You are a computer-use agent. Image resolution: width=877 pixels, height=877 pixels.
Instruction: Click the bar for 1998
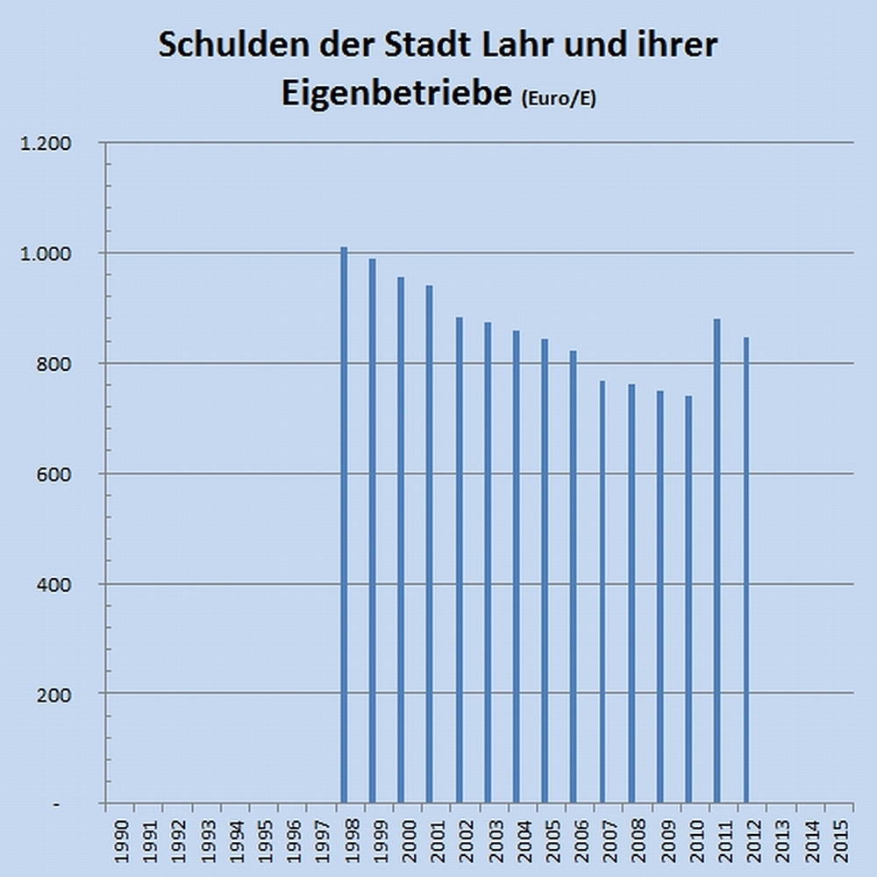click(344, 526)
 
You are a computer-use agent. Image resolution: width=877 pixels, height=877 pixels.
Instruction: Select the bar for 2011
click(717, 561)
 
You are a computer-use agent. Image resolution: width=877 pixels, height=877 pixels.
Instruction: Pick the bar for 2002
click(459, 561)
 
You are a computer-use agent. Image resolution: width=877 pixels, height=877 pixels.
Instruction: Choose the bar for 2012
click(745, 570)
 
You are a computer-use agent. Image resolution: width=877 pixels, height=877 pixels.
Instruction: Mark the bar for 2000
click(401, 540)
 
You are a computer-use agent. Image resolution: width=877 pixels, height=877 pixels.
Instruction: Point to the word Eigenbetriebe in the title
click(396, 94)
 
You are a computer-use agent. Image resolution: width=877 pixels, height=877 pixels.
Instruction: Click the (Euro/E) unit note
click(558, 99)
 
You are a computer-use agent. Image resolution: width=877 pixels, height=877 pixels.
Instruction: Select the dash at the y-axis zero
click(57, 804)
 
